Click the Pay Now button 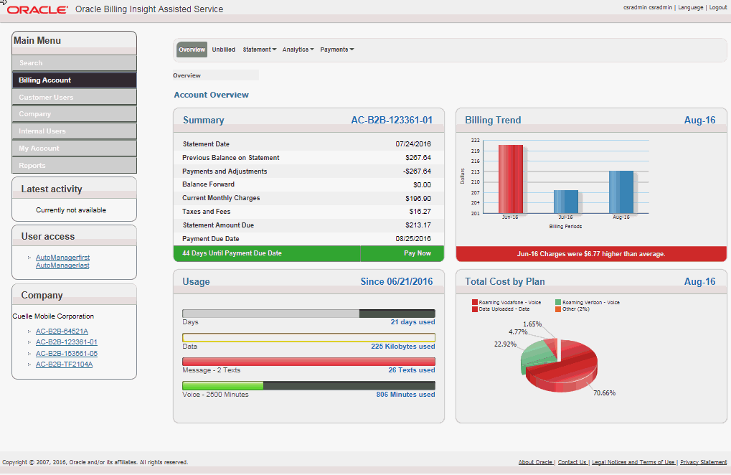[418, 253]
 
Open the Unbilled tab [223, 50]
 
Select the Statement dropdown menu [259, 50]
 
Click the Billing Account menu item [74, 80]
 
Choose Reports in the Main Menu [74, 166]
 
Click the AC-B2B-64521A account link [62, 331]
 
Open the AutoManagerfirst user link [62, 257]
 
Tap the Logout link [717, 7]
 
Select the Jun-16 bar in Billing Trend [510, 179]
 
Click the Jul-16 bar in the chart [565, 202]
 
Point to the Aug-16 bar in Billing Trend [621, 192]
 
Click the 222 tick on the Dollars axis [475, 141]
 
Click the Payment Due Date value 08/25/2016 [413, 239]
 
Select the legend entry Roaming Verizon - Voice [590, 303]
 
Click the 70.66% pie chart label [604, 392]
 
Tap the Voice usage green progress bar [223, 386]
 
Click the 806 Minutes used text [405, 395]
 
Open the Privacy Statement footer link [703, 463]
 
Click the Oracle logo [37, 9]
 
